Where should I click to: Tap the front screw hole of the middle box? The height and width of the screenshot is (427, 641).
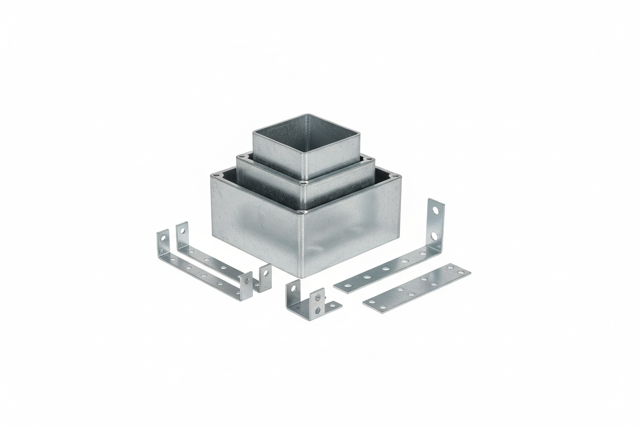[x=305, y=182]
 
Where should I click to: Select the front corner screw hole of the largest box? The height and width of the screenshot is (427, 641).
[x=304, y=211]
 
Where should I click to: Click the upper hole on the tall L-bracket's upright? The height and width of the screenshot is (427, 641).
[x=436, y=210]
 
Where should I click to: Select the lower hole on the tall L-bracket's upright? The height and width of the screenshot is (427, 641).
[x=435, y=236]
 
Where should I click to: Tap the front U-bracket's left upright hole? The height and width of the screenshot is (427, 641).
[x=163, y=239]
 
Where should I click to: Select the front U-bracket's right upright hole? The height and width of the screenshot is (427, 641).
[x=247, y=280]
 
